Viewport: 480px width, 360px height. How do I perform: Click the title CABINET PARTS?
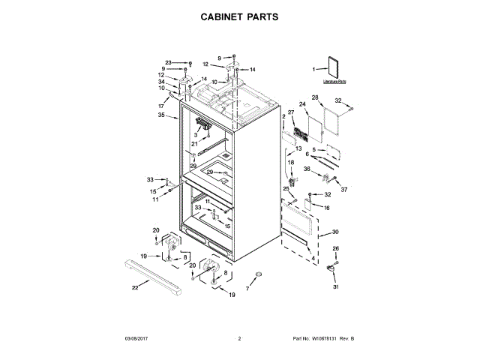(240, 15)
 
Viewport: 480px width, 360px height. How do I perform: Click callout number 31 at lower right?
(336, 287)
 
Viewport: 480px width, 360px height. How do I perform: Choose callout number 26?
(336, 248)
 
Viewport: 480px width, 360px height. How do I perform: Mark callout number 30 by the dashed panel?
(335, 232)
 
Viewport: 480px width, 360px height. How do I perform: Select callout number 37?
(345, 189)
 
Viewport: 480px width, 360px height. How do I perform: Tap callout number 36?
(307, 169)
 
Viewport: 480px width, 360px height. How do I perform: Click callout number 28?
(315, 97)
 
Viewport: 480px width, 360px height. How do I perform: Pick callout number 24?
(303, 104)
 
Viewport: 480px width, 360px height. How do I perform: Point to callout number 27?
(291, 112)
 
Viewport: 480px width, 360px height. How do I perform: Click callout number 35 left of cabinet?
(161, 115)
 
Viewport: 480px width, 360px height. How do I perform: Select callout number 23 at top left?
(169, 62)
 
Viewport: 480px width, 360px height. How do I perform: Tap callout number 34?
(161, 82)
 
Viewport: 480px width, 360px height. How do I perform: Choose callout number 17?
(161, 106)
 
